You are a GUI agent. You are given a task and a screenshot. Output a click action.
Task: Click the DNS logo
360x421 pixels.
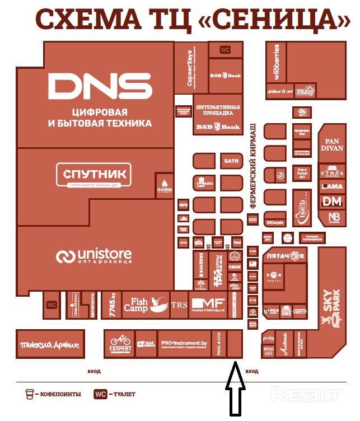coord(100,86)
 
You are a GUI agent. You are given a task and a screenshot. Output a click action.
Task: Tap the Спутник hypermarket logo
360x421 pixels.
coord(95,174)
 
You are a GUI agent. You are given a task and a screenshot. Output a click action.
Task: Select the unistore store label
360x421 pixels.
coord(94,256)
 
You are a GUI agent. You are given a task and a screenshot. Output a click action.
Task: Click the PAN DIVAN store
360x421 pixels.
coord(332,145)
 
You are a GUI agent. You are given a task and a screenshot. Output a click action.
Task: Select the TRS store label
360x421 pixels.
coord(179,305)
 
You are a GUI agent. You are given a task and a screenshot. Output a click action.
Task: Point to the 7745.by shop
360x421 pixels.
coord(112,305)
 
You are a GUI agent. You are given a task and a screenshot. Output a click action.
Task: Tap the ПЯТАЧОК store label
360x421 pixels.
coord(284,256)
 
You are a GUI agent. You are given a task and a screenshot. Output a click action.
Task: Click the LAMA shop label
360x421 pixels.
coord(332,186)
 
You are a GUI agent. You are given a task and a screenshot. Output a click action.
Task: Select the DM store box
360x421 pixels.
coord(332,201)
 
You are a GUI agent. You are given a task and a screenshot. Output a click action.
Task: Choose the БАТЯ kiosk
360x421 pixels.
coord(231,161)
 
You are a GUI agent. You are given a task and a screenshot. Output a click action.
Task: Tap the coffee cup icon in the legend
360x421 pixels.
coord(29,394)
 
